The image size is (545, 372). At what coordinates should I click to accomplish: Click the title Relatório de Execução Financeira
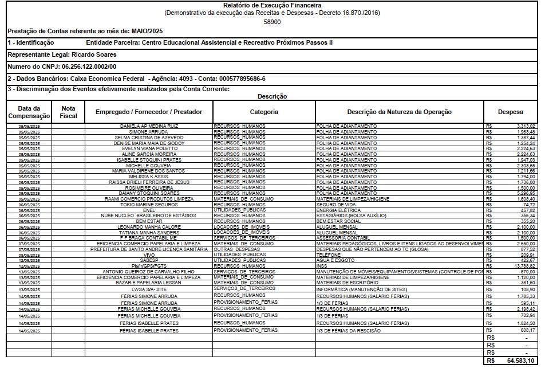(x=272, y=5)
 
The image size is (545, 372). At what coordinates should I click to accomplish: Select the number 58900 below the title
(x=272, y=21)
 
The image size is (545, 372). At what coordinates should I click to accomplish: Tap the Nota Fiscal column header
(x=68, y=112)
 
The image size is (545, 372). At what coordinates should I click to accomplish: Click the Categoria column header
(x=264, y=112)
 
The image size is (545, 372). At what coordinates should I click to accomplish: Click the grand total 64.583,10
(x=520, y=361)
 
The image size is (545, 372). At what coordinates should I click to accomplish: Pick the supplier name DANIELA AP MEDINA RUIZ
(x=149, y=126)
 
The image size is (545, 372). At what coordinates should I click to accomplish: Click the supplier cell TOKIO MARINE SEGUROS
(x=149, y=205)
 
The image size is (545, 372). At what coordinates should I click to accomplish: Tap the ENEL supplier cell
(x=149, y=210)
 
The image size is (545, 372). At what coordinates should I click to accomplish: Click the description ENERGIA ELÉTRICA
(x=338, y=210)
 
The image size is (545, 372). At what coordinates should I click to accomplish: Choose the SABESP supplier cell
(x=149, y=260)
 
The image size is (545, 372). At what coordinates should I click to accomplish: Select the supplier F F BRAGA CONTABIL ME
(x=149, y=238)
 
